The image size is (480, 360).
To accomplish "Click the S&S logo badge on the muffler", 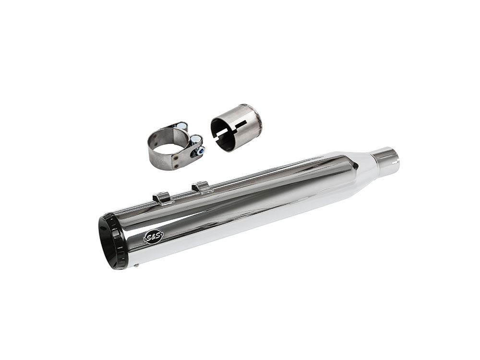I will point(154,237).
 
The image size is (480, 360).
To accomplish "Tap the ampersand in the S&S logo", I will point(154,237).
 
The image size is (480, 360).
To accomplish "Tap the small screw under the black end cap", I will point(136,265).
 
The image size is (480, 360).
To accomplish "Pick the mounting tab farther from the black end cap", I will point(201,186).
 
